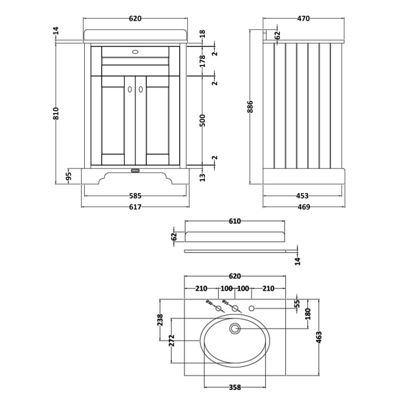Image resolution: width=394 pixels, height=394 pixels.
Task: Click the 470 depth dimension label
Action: (x=303, y=19)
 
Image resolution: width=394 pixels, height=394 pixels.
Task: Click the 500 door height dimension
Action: (x=202, y=121)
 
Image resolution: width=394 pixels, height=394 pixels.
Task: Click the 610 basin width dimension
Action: (x=235, y=221)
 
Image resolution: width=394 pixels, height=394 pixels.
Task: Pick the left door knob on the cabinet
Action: (x=131, y=90)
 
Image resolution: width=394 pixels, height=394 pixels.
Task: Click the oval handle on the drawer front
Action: (x=136, y=51)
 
